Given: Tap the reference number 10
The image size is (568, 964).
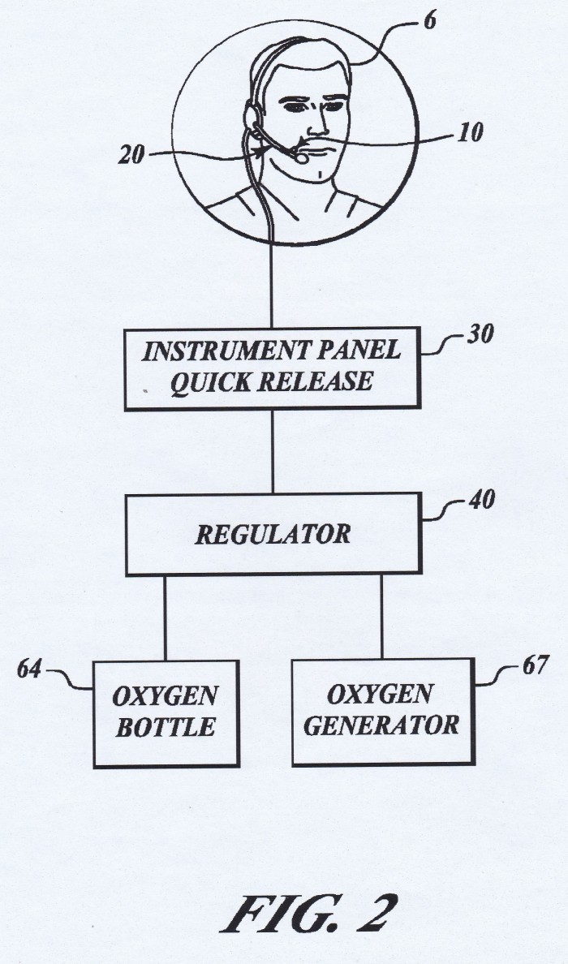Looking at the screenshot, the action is [x=471, y=131].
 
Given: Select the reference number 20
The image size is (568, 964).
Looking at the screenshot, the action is [x=131, y=155].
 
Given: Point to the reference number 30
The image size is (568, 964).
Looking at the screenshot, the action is [x=480, y=336].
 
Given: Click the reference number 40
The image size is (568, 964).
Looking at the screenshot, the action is [x=480, y=499].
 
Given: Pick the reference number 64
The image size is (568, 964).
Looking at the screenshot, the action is [x=29, y=669].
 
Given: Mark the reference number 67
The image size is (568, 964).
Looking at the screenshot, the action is [x=534, y=665].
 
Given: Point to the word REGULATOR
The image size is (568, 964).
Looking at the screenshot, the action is [x=273, y=534].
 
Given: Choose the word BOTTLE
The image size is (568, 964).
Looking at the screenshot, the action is [x=166, y=727].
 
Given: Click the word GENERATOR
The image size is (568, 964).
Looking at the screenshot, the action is [x=381, y=725].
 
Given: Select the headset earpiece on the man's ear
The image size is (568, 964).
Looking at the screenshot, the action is [x=252, y=114].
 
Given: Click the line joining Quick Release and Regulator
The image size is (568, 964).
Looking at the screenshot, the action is [x=273, y=451].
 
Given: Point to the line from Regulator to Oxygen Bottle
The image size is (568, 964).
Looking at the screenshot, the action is [x=165, y=618].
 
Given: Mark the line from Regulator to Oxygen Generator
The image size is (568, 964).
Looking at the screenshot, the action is [x=381, y=617].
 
